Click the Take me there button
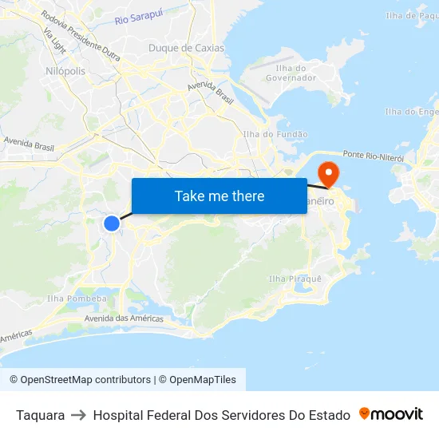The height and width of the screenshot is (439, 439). click(219, 196)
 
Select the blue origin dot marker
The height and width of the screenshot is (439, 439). click(112, 223)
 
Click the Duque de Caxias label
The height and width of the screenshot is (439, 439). click(186, 48)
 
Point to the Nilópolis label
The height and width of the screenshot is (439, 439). click(65, 71)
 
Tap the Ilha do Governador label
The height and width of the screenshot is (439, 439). click(291, 73)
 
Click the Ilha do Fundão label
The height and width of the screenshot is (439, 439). click(275, 134)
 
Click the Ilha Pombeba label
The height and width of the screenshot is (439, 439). click(77, 299)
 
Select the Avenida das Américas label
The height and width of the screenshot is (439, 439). click(124, 318)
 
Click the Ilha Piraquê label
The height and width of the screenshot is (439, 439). click(295, 279)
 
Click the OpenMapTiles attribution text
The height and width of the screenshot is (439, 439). click(202, 380)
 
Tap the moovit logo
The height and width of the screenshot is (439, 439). click(390, 413)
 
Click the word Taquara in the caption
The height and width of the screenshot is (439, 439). click(40, 415)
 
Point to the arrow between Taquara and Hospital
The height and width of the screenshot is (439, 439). click(79, 415)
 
